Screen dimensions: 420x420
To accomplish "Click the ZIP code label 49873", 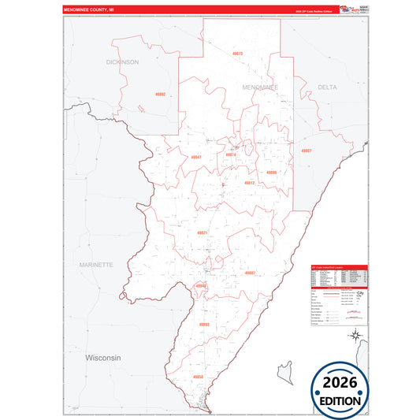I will [237, 54].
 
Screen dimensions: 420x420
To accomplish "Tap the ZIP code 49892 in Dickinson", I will [161, 95].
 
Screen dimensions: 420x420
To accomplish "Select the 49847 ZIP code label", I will [197, 157].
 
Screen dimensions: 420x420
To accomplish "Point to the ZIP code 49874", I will [231, 154].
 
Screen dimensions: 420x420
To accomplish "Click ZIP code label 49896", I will [271, 172].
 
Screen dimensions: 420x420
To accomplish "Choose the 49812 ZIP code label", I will [249, 183].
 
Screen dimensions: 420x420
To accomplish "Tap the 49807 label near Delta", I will [307, 151].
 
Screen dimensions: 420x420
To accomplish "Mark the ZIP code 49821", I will [203, 232].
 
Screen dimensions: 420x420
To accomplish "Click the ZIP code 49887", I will [251, 273].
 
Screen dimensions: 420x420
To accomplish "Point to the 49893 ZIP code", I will [204, 324].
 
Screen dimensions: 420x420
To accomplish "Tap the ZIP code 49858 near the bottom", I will [198, 377].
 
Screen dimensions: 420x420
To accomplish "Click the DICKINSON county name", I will [123, 61].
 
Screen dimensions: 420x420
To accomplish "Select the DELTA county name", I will [327, 87].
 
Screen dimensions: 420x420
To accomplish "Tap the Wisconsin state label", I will [103, 357].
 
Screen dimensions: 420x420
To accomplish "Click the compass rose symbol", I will [355, 338].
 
